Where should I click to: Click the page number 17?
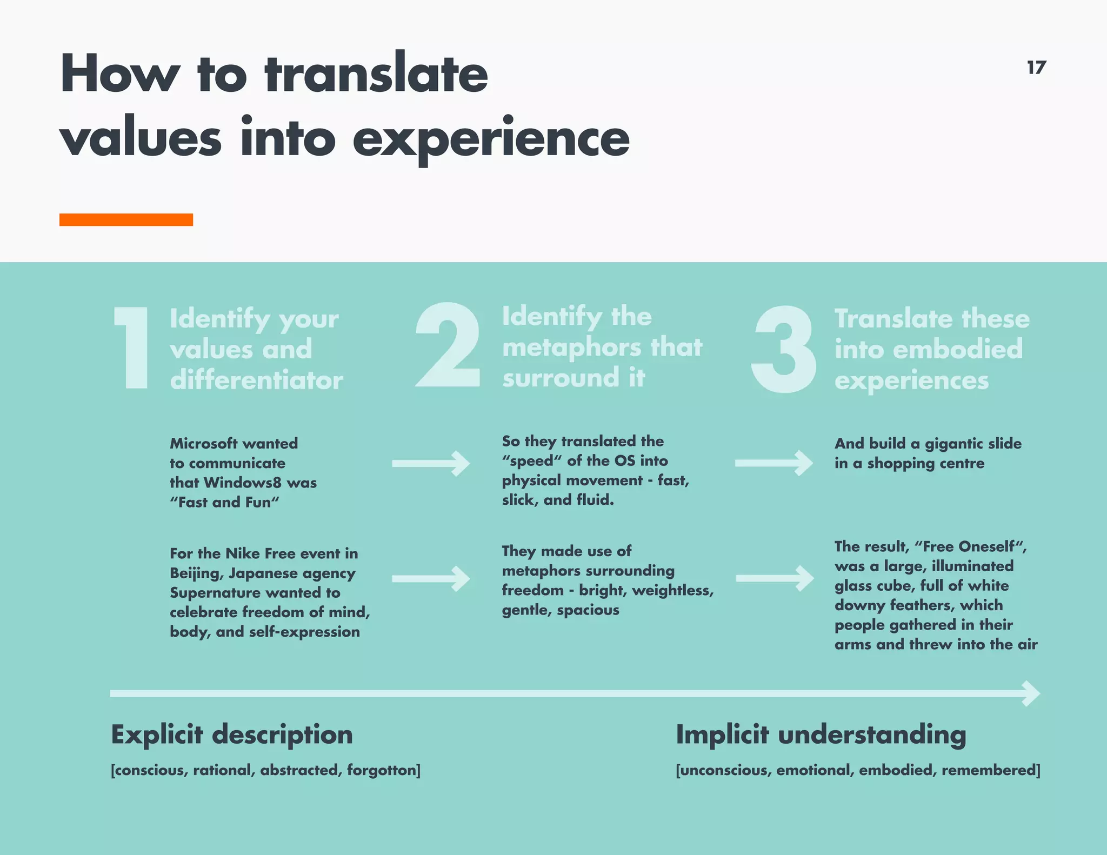coord(1036,68)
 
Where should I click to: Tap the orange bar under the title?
coord(126,219)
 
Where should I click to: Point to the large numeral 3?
coord(783,349)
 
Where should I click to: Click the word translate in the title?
coord(376,75)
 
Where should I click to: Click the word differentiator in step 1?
coord(256,380)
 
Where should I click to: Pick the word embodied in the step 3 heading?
coord(957,349)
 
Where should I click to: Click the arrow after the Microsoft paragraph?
coord(431,463)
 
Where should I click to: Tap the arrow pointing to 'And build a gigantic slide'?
coord(773,463)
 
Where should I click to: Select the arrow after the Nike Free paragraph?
coord(431,579)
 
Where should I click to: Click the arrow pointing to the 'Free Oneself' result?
coord(775,578)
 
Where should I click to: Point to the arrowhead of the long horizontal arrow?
coord(1030,693)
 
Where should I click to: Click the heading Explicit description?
coord(232,735)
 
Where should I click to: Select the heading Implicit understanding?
coord(821,735)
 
